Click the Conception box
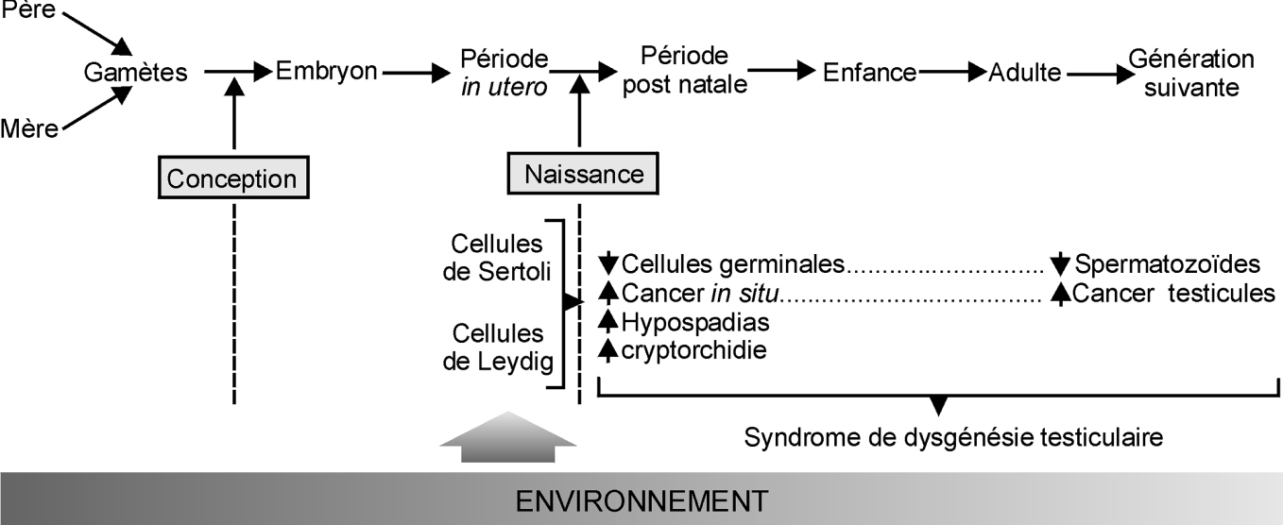click(233, 178)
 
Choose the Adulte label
click(1025, 72)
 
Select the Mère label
click(29, 128)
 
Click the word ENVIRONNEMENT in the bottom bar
click(641, 500)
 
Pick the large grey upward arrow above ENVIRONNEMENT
click(509, 437)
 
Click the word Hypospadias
click(695, 322)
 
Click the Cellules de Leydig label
click(498, 347)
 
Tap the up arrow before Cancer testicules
click(1061, 294)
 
